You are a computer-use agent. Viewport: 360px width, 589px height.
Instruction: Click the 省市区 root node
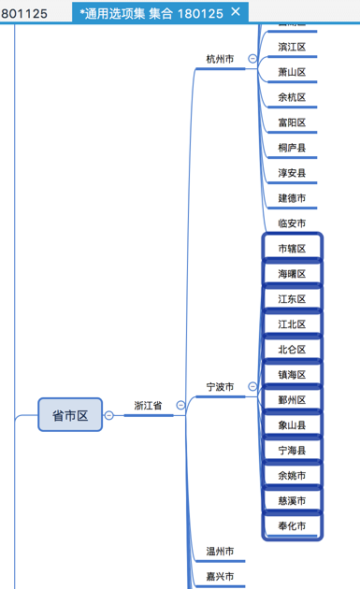click(70, 414)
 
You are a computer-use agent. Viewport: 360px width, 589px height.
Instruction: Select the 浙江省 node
click(148, 406)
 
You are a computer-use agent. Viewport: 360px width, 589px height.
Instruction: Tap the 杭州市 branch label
click(220, 59)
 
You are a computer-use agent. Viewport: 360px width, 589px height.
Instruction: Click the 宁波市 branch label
click(220, 386)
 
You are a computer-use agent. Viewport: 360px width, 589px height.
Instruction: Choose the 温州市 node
click(220, 552)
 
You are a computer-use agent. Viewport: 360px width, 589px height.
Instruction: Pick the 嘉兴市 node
click(220, 577)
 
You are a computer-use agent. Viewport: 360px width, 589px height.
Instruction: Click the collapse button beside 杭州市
click(252, 59)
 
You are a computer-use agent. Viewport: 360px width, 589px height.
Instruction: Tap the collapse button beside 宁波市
click(252, 386)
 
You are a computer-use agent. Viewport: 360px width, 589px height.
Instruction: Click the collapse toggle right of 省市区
click(108, 415)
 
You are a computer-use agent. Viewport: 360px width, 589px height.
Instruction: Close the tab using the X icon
click(236, 11)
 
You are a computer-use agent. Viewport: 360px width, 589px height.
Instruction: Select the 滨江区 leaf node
click(292, 47)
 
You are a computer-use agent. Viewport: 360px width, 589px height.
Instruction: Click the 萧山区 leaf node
click(292, 72)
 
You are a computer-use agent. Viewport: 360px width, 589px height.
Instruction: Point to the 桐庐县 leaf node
click(292, 148)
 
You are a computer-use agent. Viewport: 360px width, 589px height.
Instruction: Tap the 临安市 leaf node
click(292, 223)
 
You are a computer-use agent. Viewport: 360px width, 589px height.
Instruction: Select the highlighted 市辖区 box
click(292, 249)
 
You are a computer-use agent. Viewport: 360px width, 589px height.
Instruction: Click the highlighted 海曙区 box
click(292, 274)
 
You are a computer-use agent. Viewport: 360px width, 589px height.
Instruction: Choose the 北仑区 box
click(292, 350)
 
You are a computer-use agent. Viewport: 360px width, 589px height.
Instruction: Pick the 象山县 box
click(292, 425)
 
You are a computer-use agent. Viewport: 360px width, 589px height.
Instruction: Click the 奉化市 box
click(292, 526)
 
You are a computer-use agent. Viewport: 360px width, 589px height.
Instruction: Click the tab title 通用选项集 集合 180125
click(151, 12)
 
